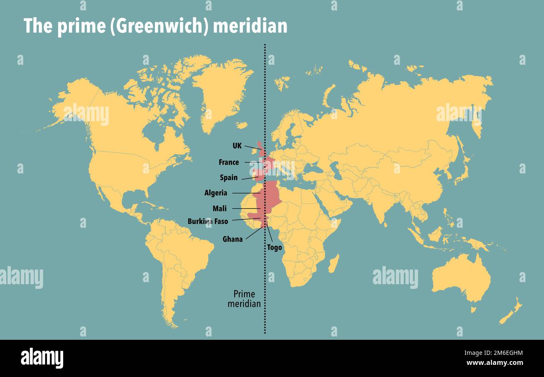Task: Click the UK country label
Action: pyautogui.click(x=237, y=146)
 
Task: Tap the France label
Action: pyautogui.click(x=228, y=162)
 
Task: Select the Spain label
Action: pyautogui.click(x=228, y=178)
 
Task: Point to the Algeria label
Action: pyautogui.click(x=216, y=193)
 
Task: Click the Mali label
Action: pyautogui.click(x=219, y=209)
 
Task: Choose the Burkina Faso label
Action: pyautogui.click(x=208, y=222)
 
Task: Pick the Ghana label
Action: pyautogui.click(x=232, y=239)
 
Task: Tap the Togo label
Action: pyautogui.click(x=275, y=247)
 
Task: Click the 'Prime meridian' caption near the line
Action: pyautogui.click(x=244, y=299)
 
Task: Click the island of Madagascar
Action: pyautogui.click(x=334, y=263)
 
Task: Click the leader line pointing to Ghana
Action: pyautogui.click(x=254, y=233)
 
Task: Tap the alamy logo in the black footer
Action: pyautogui.click(x=42, y=358)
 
